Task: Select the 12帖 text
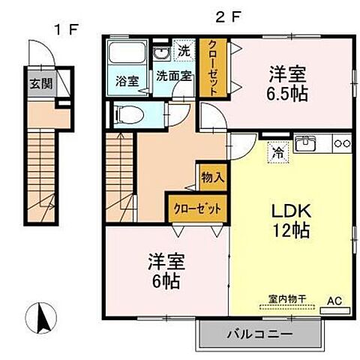point(287,231)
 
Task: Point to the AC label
point(334,301)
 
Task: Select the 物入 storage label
point(211,177)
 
